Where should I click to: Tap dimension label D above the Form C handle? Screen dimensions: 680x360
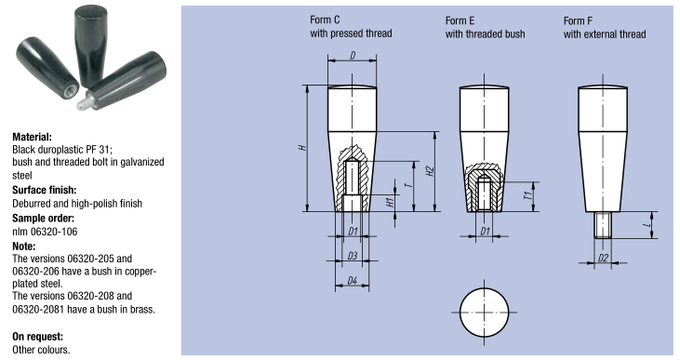(x=353, y=56)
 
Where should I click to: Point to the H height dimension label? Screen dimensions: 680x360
(x=303, y=148)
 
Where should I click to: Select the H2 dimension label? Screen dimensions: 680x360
(x=430, y=171)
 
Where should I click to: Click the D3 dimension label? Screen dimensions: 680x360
(x=353, y=256)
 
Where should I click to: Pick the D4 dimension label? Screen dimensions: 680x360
(x=353, y=281)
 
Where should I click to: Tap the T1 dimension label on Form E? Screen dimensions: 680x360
(x=528, y=195)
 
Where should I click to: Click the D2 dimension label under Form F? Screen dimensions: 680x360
(x=603, y=258)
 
